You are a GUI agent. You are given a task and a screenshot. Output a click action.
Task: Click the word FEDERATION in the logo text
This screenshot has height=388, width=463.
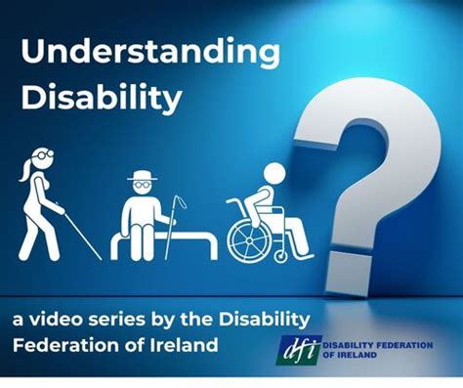point(410,348)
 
